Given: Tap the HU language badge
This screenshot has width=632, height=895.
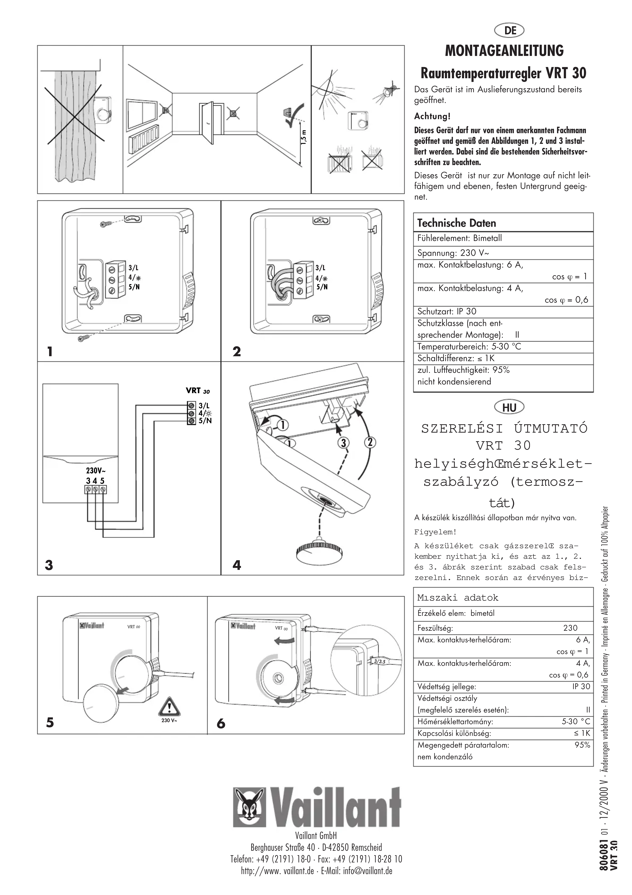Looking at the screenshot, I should pyautogui.click(x=509, y=408).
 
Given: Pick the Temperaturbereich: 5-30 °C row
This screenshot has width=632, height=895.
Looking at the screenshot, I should pyautogui.click(x=469, y=347).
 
